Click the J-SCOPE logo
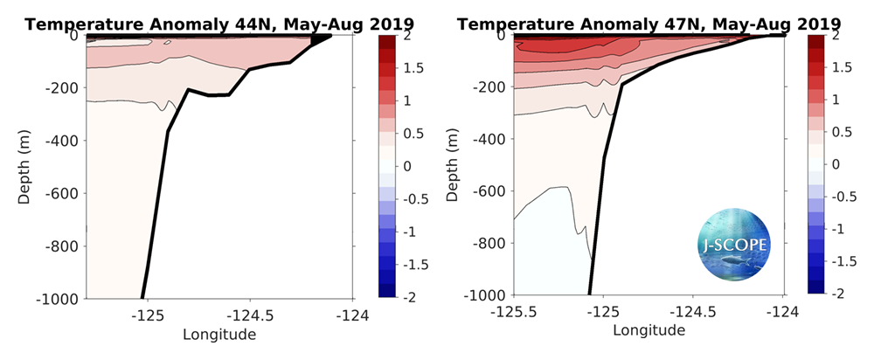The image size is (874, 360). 735,245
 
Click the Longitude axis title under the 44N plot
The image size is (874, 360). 218,334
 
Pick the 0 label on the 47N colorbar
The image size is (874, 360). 836,164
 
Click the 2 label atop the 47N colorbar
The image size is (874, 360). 836,36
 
